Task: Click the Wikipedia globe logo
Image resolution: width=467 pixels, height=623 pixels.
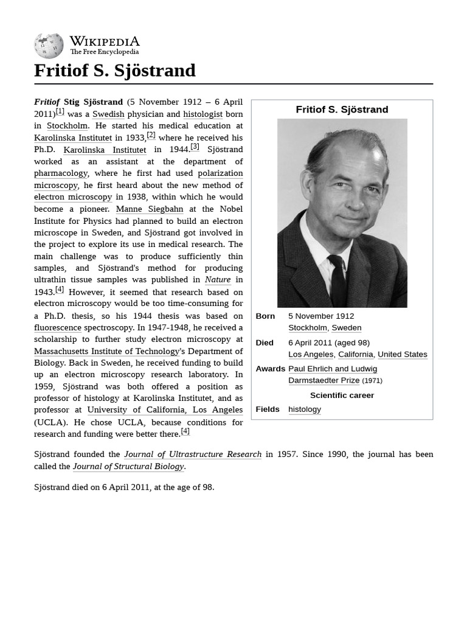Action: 49,46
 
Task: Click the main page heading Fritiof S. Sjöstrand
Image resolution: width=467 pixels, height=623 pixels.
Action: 115,71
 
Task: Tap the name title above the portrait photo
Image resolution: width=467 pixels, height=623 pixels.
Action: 342,110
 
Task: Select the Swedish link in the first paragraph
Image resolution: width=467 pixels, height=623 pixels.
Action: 108,114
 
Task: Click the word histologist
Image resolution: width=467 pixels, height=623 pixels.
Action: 202,114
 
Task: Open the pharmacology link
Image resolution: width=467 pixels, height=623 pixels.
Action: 61,173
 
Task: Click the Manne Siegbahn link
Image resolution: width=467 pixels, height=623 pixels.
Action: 149,209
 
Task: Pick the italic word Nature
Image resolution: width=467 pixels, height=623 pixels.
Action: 218,280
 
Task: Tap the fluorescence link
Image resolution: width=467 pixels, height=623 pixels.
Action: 58,327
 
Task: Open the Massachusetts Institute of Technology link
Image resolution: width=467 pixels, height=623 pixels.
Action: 107,351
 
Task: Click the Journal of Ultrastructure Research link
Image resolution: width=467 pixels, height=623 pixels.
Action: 193,454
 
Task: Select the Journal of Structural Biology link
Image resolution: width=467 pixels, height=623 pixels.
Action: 128,467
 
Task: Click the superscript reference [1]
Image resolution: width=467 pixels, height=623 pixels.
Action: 60,111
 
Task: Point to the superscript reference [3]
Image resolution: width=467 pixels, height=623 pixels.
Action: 195,147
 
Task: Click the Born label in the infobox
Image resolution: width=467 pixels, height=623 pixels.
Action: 265,316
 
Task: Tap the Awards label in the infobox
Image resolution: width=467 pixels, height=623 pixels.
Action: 270,369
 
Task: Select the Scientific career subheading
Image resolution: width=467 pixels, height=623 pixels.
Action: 342,395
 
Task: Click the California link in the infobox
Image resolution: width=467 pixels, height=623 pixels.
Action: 356,354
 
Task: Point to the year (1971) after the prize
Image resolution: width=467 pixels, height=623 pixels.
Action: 372,381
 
